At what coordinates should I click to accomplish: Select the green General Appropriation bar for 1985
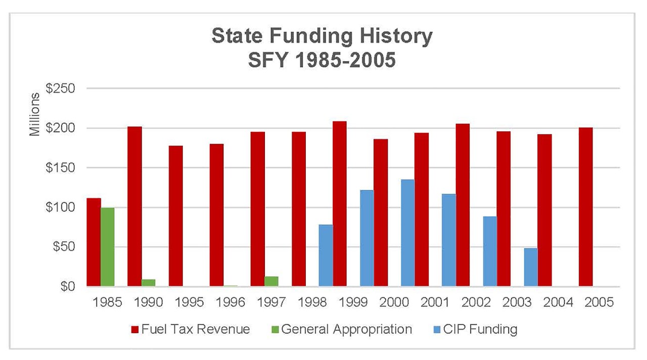click(107, 247)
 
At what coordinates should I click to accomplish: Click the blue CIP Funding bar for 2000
click(407, 233)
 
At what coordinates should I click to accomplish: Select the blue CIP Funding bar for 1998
click(326, 255)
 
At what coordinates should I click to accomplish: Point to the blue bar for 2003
click(531, 267)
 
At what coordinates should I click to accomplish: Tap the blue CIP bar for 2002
click(490, 251)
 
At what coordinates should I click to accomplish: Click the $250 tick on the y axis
click(60, 88)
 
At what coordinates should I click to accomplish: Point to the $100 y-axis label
click(60, 207)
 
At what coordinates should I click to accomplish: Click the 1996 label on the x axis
click(230, 302)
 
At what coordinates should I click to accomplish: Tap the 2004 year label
click(558, 302)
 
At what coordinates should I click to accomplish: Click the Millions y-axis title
click(34, 115)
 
